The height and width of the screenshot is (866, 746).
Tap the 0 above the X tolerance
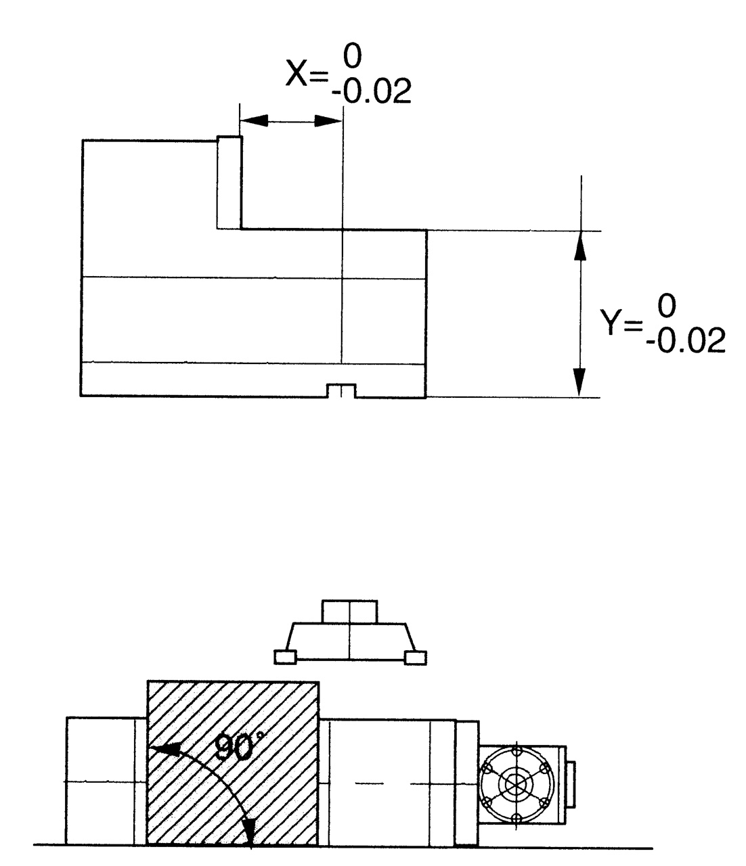tap(352, 58)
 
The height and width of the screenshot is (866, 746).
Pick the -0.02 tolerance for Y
tap(685, 342)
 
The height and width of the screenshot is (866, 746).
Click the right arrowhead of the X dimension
tap(328, 121)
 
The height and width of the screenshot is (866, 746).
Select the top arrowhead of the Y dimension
tap(579, 246)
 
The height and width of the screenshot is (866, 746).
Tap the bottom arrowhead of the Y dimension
tap(579, 382)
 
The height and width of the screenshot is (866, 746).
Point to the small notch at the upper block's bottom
tap(342, 391)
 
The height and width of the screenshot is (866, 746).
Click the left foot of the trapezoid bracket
tap(285, 656)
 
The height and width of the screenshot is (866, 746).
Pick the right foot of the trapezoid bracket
tap(414, 656)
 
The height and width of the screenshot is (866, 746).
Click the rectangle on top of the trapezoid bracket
tap(350, 611)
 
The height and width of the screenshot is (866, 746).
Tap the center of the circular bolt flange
tap(516, 784)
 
